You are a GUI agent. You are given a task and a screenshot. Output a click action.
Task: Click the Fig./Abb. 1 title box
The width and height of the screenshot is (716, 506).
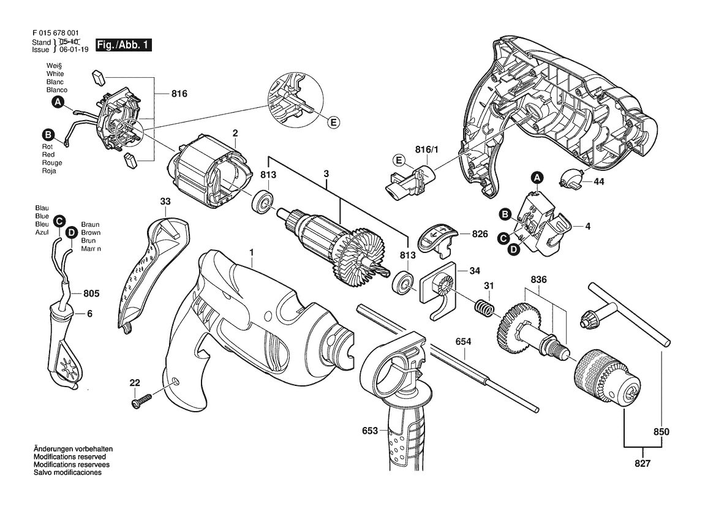(123, 45)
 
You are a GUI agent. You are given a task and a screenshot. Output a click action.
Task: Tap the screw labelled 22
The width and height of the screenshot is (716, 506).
(142, 401)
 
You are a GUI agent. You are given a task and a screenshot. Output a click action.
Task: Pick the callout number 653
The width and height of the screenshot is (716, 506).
(370, 430)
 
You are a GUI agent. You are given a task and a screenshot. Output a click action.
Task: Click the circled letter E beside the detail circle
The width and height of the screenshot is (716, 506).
(334, 122)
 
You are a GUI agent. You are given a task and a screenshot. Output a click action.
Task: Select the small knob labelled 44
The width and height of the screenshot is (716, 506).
(572, 178)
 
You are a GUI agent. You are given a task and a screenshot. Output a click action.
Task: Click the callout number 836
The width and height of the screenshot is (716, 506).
(538, 279)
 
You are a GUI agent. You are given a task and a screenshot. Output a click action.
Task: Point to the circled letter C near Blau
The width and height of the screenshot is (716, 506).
(58, 221)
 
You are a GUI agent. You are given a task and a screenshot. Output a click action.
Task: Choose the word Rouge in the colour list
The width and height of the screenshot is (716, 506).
(52, 162)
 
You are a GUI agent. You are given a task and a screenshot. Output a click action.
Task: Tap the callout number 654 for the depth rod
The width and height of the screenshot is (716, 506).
(463, 342)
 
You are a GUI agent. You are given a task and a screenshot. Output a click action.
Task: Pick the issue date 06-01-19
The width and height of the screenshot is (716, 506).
(74, 50)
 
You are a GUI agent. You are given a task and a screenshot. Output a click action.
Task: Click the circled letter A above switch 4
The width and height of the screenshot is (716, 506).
(537, 177)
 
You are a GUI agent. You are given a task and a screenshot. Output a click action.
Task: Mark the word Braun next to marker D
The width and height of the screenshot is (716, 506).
(91, 224)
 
